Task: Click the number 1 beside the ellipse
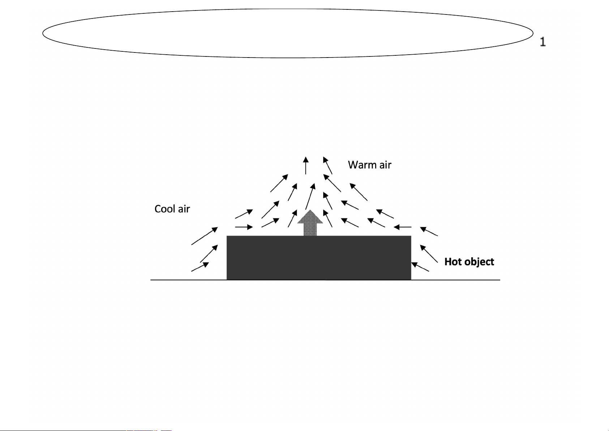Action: tap(542, 42)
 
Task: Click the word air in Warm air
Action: tap(385, 165)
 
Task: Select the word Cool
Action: tap(165, 209)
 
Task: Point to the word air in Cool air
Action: tap(184, 209)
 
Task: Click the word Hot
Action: tap(452, 262)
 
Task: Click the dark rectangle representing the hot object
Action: tap(319, 258)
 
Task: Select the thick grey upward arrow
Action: tap(310, 223)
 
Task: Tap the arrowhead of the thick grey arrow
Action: tap(310, 217)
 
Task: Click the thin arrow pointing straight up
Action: tap(306, 165)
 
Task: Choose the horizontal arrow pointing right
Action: tap(244, 227)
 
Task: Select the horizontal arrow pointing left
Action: tap(402, 227)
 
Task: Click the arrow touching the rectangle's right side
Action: tap(420, 267)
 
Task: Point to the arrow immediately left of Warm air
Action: tap(327, 165)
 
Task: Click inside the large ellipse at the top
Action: tap(288, 33)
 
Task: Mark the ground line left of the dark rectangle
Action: tap(189, 280)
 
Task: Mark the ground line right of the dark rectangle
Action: tap(456, 280)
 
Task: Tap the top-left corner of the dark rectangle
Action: tap(227, 236)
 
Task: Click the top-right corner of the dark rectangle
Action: tap(411, 236)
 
